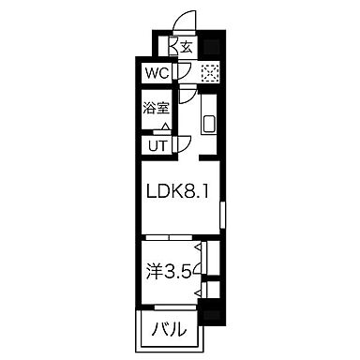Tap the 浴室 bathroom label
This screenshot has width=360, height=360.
[155, 108]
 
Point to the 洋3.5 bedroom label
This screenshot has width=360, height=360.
[171, 276]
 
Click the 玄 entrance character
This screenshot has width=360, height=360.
[187, 46]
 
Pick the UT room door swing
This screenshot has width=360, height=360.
[184, 142]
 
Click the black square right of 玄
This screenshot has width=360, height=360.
[214, 45]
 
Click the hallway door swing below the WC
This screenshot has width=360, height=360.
[190, 94]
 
